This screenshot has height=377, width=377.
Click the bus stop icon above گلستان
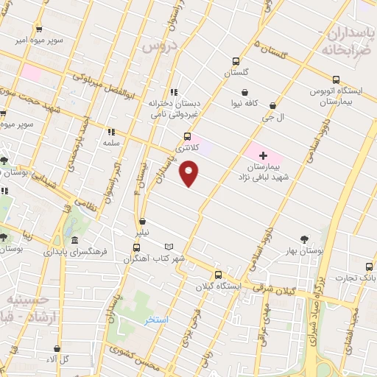tap(236, 62)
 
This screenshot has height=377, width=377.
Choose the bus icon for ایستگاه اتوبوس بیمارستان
tap(336, 80)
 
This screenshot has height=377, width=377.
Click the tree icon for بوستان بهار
tap(304, 239)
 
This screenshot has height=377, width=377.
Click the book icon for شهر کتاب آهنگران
tap(169, 247)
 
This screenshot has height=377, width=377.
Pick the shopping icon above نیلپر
tap(140, 221)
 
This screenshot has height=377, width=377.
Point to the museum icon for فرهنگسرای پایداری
tap(74, 240)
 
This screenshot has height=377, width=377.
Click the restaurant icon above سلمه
tap(111, 130)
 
